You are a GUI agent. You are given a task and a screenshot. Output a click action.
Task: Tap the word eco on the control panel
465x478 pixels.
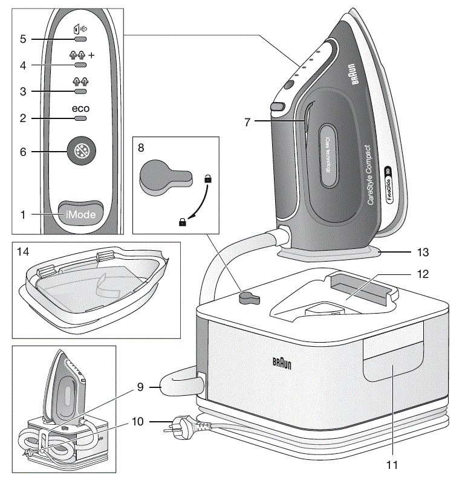(x=80, y=109)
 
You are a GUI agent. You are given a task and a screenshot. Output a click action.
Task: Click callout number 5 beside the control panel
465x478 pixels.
(x=23, y=39)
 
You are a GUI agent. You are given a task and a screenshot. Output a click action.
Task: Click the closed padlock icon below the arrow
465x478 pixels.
(x=182, y=223)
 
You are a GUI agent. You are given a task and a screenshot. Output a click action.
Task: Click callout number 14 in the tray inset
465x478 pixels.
(x=24, y=250)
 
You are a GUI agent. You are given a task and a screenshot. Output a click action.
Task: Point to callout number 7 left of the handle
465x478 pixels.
(x=247, y=121)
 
